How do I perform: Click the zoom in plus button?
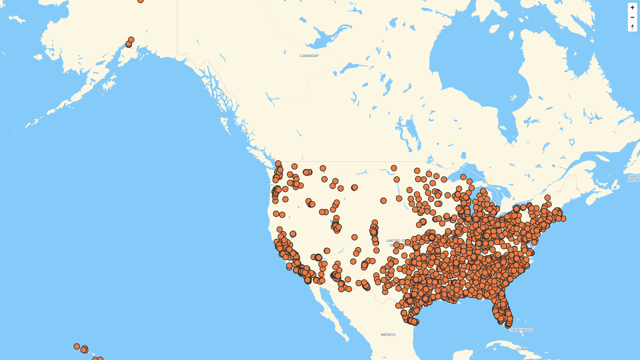click(632, 8)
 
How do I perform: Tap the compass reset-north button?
click(632, 27)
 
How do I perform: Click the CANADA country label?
click(308, 56)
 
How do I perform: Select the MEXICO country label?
click(388, 335)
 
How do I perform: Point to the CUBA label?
click(521, 349)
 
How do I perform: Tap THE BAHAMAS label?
click(521, 330)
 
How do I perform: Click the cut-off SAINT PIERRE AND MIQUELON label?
click(633, 178)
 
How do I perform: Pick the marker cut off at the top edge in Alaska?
click(140, 1)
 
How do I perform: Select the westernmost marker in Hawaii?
click(77, 346)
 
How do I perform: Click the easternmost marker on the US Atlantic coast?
click(563, 219)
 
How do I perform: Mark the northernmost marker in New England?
click(547, 198)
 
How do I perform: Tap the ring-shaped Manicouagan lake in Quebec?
click(572, 142)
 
